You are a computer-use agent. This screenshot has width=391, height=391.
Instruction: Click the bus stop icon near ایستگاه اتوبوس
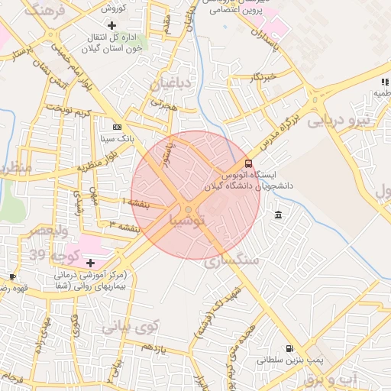(x=248, y=163)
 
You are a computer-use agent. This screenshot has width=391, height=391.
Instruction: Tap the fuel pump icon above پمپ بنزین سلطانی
(x=289, y=348)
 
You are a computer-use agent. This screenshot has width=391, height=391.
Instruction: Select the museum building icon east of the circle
(x=276, y=213)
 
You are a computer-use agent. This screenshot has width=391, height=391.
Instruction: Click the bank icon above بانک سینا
(x=116, y=128)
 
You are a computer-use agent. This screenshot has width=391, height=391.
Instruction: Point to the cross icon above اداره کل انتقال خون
(x=112, y=26)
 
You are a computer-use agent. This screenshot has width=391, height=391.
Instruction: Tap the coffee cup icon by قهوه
(x=12, y=276)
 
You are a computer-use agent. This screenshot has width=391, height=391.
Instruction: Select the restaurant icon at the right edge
(x=384, y=82)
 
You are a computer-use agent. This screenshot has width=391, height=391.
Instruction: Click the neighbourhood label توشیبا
(x=187, y=221)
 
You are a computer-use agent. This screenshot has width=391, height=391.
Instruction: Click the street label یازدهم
(x=153, y=347)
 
